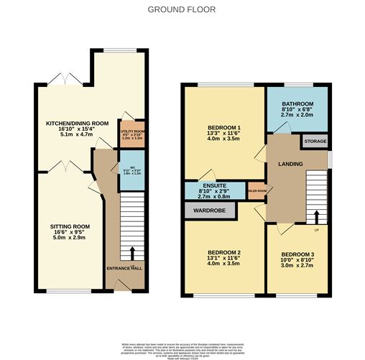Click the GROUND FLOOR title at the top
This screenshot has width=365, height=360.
pos(182,10)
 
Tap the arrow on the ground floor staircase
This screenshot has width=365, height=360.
pos(131,251)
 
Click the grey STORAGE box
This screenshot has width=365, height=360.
pos(314,142)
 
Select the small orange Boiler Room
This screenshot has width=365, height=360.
pos(257,191)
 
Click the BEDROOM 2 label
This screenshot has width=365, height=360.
pos(223,252)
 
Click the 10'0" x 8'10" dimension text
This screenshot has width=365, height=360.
pos(296,262)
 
